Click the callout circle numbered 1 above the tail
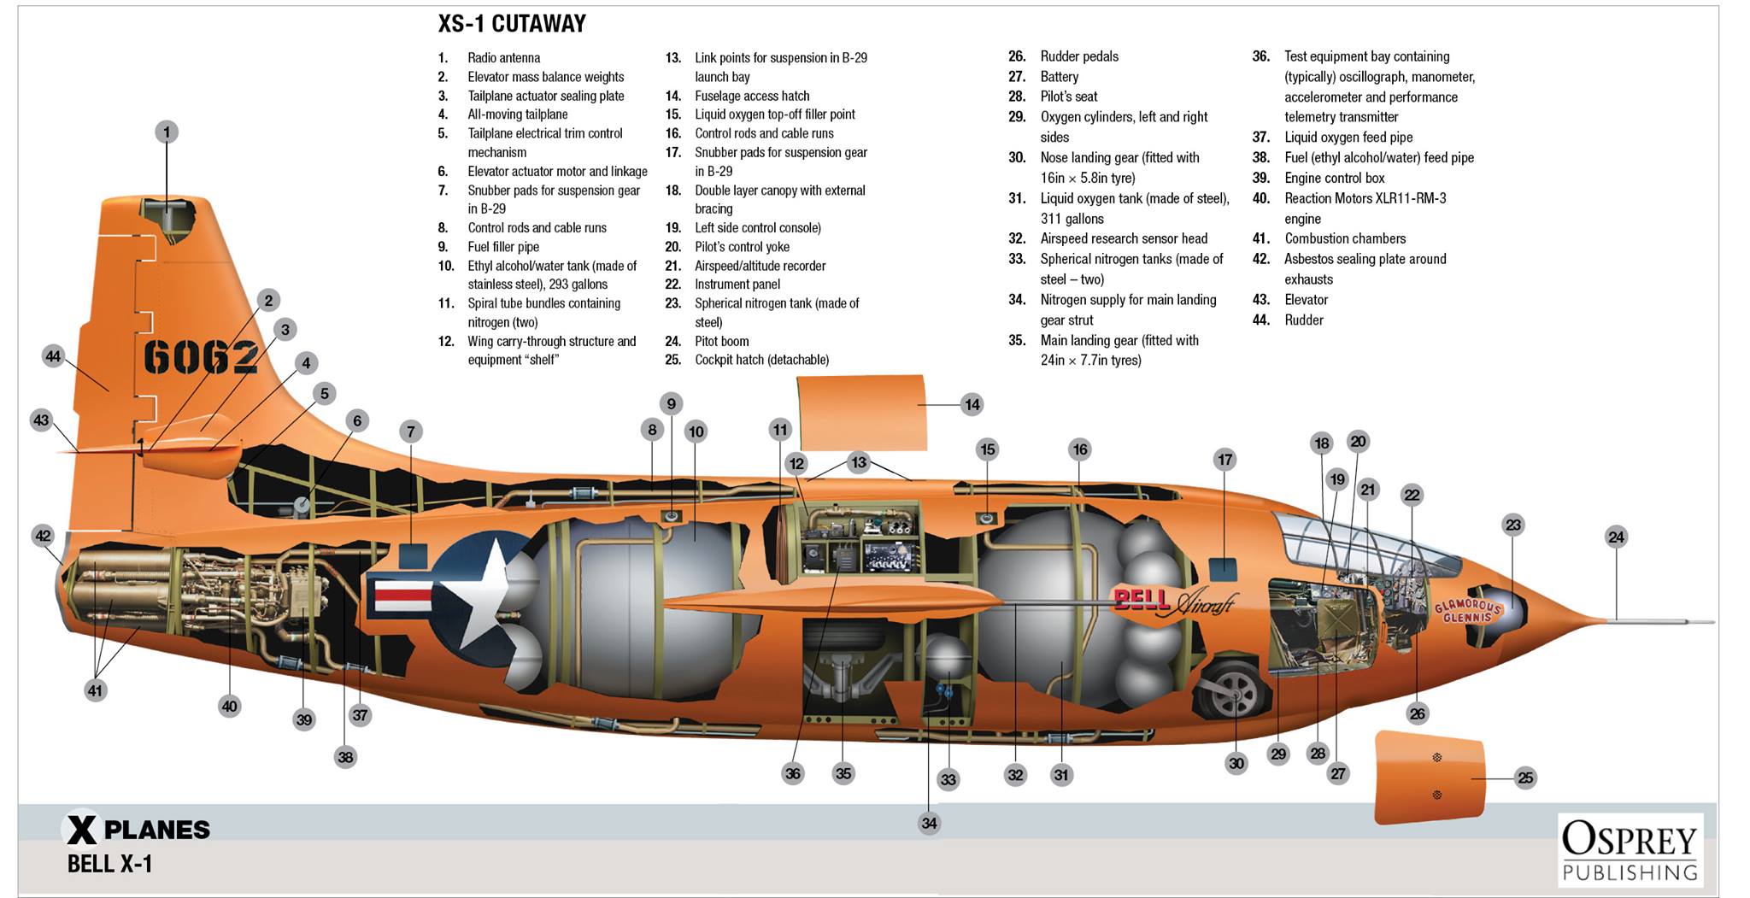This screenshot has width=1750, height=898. pos(167,132)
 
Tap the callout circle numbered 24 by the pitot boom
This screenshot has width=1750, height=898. pos(1616,537)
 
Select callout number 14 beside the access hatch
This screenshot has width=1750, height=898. pos(972,404)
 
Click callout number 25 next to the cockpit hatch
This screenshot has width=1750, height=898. pos(1525,778)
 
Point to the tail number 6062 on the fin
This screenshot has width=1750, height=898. pos(201,356)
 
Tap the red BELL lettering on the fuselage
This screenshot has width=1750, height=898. pos(1142,599)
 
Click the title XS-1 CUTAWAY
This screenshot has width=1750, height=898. pos(512,24)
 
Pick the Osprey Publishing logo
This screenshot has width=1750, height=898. pos(1630,850)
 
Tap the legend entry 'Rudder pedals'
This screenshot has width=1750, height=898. pos(1079,56)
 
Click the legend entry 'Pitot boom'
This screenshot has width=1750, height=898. pos(721,341)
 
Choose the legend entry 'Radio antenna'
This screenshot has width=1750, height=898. pos(503,57)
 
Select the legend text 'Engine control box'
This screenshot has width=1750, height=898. pos(1334,178)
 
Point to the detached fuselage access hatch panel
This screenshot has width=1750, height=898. pos(861,413)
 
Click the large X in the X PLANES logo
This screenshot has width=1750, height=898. pos(82,829)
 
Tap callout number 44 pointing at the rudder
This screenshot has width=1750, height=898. pos(54,356)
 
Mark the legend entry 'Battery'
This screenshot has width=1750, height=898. pos(1059,76)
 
